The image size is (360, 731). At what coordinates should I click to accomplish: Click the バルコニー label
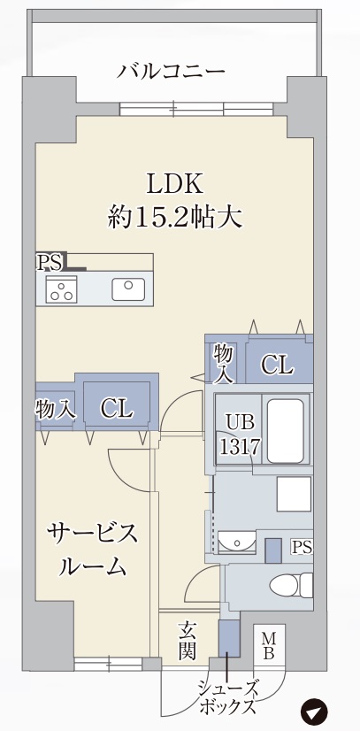point(172,71)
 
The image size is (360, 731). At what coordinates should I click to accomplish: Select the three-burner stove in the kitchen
point(62,289)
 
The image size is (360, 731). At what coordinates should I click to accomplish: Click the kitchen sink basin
point(128,289)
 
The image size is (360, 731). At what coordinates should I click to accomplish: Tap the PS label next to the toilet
point(302,547)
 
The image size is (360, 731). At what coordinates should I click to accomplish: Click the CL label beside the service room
point(116,408)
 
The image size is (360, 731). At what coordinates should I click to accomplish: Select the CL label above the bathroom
point(277,364)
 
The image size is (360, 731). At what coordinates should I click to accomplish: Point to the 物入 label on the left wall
point(55,409)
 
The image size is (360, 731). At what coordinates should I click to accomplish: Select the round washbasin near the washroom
point(236,541)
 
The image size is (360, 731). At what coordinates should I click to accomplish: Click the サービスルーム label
point(92,550)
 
